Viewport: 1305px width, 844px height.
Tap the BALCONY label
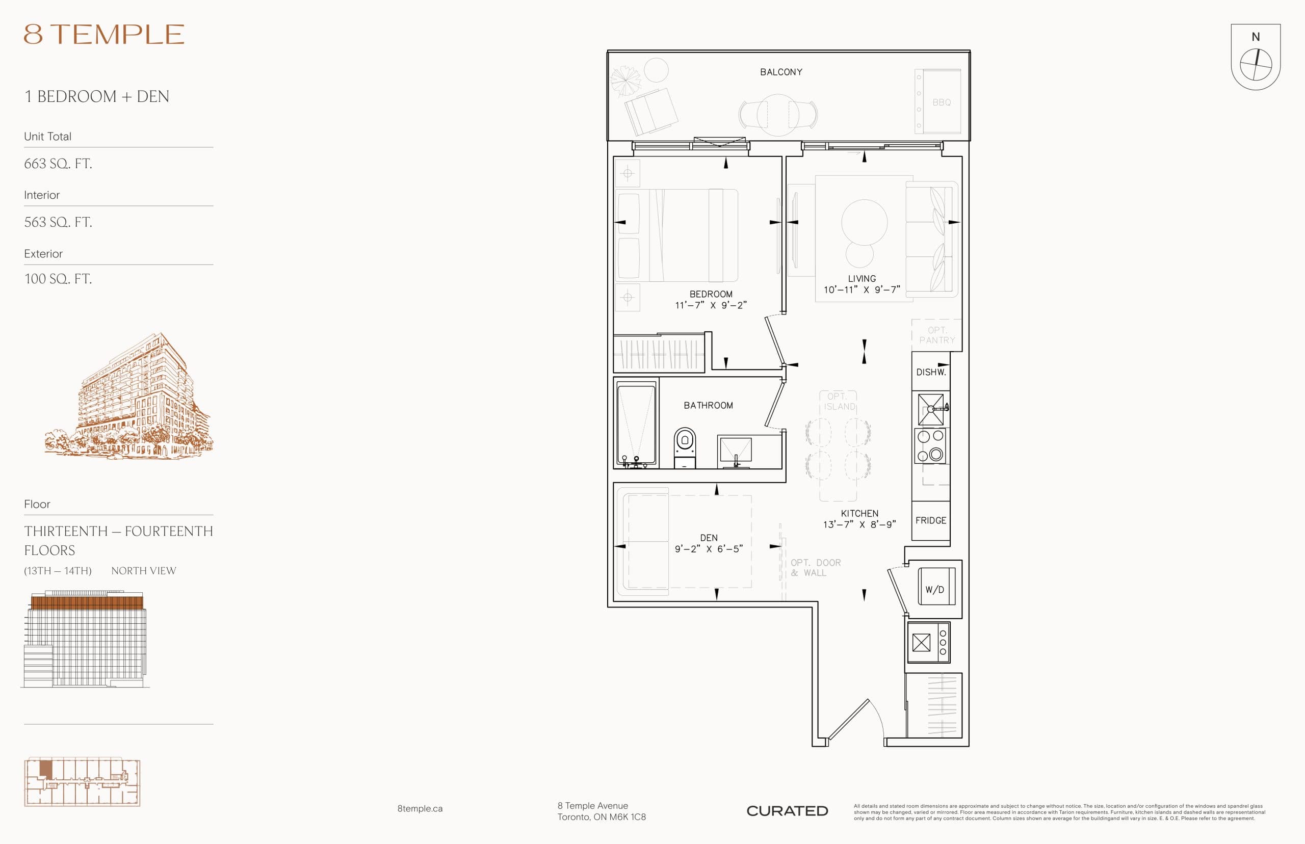780,72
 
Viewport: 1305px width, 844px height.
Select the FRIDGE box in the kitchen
930,520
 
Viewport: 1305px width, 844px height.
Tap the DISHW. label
930,372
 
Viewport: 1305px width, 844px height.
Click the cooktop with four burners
930,445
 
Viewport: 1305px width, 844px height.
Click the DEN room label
708,538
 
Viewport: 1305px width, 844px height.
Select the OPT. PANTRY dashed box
936,335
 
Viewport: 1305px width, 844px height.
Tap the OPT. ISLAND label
838,401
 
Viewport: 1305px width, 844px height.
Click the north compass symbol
1255,64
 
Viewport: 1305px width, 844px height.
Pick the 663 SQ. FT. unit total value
58,163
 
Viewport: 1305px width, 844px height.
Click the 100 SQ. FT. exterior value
58,279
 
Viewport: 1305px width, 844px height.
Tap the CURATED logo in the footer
787,810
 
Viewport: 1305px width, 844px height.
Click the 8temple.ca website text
420,808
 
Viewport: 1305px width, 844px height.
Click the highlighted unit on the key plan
46,770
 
